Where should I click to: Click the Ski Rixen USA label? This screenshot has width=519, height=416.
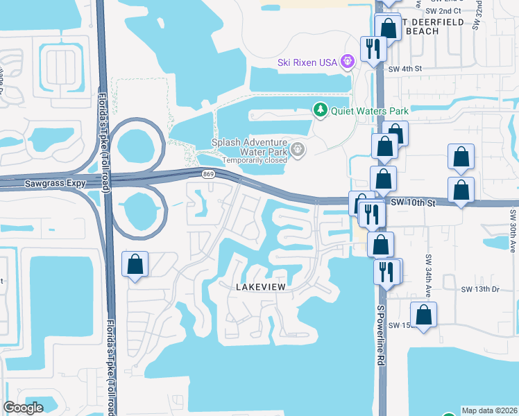pyautogui.click(x=307, y=62)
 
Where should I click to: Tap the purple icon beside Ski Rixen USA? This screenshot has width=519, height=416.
pyautogui.click(x=348, y=62)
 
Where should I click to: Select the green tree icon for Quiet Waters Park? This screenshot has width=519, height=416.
pyautogui.click(x=320, y=110)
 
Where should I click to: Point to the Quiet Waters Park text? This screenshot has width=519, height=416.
pyautogui.click(x=369, y=110)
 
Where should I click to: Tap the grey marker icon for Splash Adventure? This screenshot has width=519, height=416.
pyautogui.click(x=298, y=149)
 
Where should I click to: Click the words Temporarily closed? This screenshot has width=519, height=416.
pyautogui.click(x=255, y=160)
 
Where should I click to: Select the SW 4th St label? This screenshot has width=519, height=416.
pyautogui.click(x=405, y=69)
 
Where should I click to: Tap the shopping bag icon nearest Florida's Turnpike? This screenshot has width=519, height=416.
pyautogui.click(x=135, y=264)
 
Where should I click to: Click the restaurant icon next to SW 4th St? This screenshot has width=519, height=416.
pyautogui.click(x=373, y=49)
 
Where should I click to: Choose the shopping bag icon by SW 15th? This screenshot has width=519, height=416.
pyautogui.click(x=423, y=315)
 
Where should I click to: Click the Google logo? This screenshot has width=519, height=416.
pyautogui.click(x=24, y=408)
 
